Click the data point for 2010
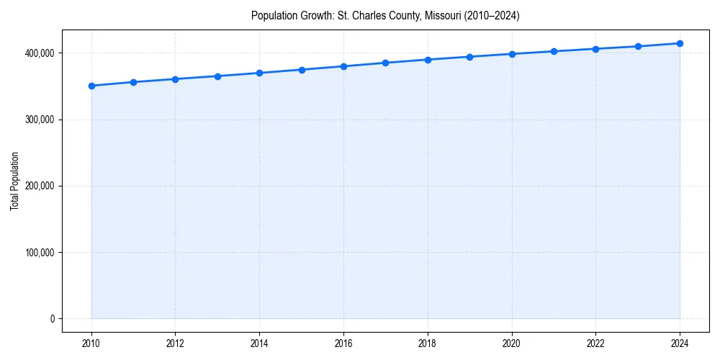coord(91,86)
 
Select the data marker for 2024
coord(680,43)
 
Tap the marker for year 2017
coord(385,63)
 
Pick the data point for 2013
coord(217,76)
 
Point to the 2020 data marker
coord(512,54)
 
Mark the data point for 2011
coord(133,82)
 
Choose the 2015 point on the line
coord(302,70)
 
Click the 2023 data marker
coord(638,46)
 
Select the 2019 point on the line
coord(469,57)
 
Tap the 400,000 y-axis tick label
coord(40,53)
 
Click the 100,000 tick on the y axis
coord(40,253)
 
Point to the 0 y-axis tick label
coord(52,319)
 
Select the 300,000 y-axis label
coord(40,120)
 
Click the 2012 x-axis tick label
coord(176,343)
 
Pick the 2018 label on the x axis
coord(428,343)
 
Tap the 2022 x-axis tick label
coord(595,343)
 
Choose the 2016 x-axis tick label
coord(343,343)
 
